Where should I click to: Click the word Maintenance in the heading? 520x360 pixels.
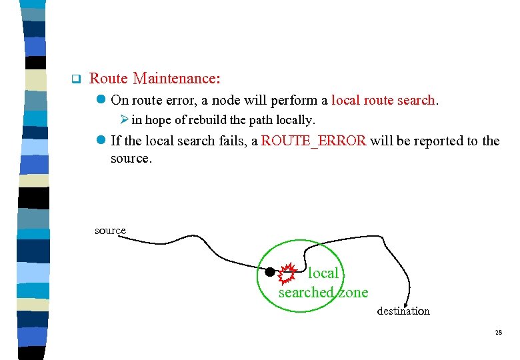(176, 79)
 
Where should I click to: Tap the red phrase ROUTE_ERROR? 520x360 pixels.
(313, 141)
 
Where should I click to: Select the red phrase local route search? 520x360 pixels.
(383, 101)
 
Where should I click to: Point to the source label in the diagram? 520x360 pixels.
(110, 231)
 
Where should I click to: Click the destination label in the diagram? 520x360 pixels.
(403, 311)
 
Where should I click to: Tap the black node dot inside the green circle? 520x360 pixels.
(270, 271)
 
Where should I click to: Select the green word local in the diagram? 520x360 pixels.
(323, 273)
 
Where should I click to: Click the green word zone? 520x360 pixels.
(352, 293)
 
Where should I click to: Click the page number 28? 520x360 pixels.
(498, 332)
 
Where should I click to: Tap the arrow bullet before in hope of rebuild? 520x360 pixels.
(125, 121)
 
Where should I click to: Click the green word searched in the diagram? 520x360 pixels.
(305, 293)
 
